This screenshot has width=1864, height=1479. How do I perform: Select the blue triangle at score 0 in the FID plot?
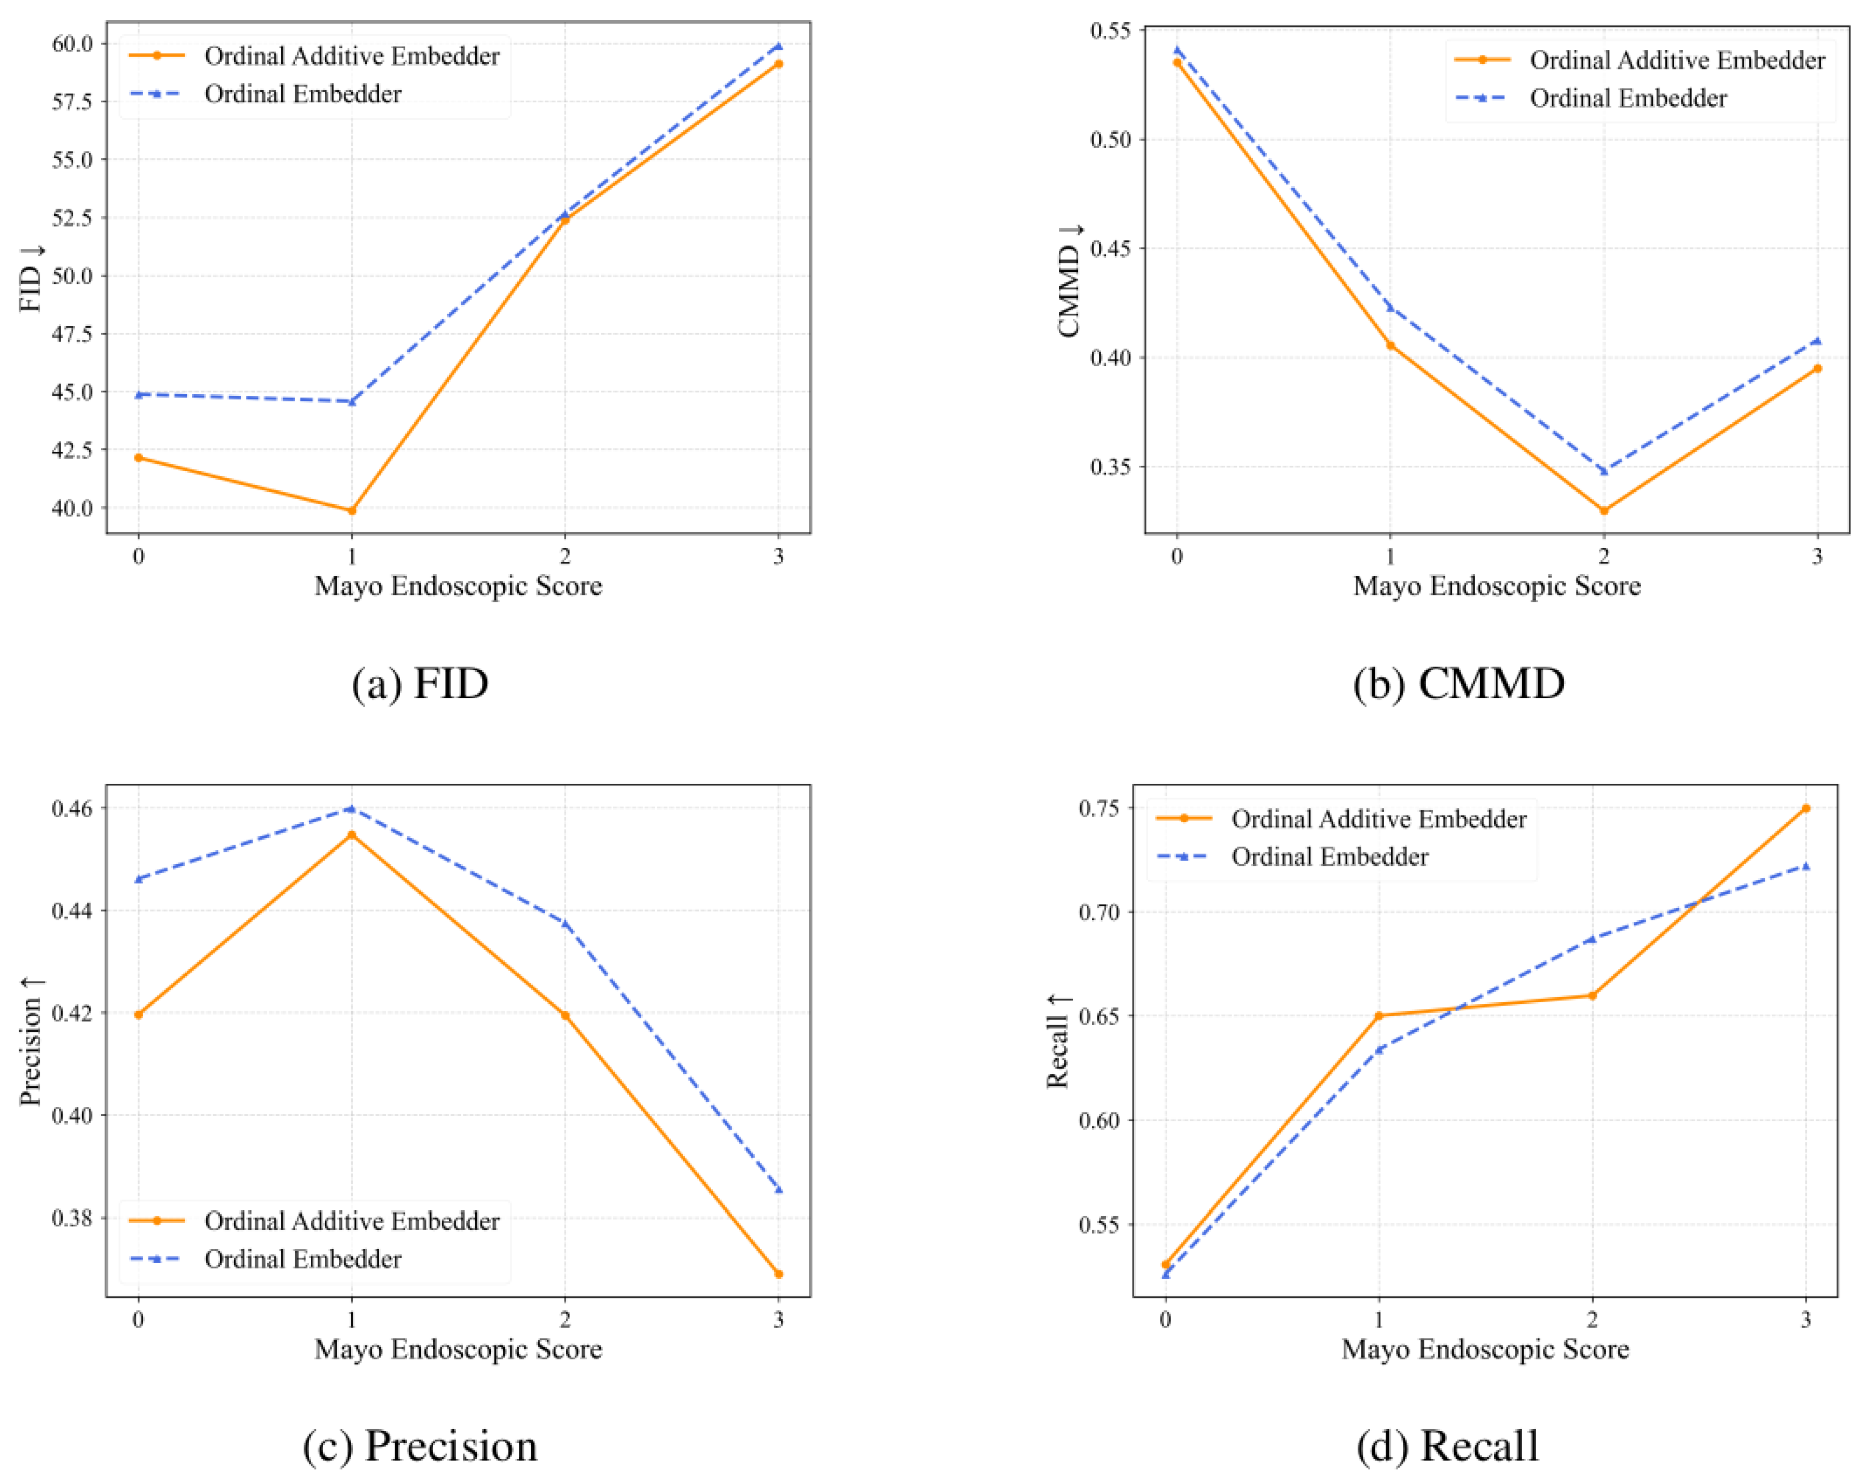139,394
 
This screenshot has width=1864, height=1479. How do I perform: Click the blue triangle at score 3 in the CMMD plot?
1816,341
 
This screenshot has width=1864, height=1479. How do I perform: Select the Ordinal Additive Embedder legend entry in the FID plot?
351,56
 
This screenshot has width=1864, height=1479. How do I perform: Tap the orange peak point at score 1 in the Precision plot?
351,835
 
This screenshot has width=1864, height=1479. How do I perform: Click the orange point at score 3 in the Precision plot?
778,1273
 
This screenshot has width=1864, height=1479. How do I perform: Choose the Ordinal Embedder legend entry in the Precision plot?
302,1259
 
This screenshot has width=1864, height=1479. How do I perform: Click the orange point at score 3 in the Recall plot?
1805,808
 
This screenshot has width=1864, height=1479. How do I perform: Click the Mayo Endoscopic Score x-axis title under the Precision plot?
458,1349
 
